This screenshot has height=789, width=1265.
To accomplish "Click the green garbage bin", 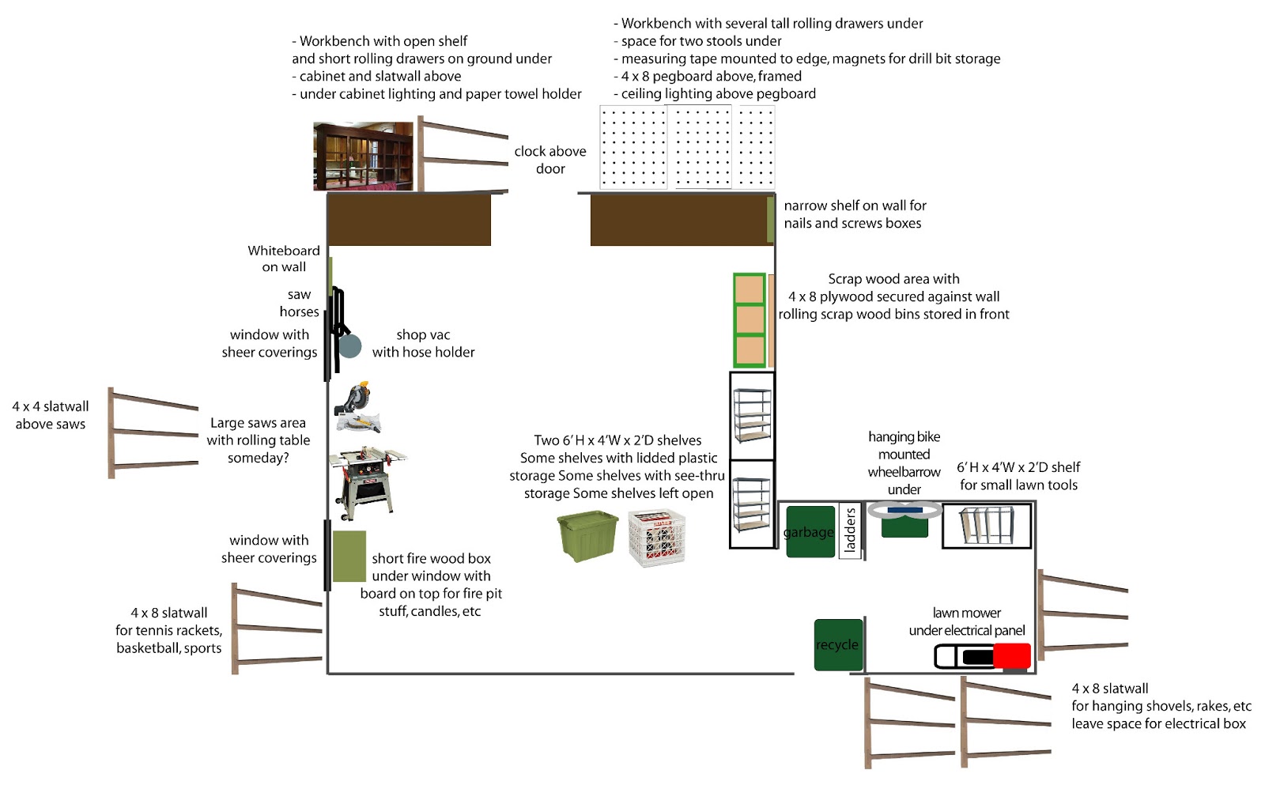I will (810, 532).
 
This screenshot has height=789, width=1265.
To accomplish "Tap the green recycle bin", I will (838, 645).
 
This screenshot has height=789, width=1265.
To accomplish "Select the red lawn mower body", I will (1011, 656).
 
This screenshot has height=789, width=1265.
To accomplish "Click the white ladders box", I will (850, 530).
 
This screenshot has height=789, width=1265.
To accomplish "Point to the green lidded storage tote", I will (587, 536).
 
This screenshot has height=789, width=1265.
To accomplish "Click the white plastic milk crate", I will (657, 538).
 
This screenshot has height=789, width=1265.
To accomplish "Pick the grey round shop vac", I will (349, 345).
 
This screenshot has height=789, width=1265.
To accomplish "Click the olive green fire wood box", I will (349, 556).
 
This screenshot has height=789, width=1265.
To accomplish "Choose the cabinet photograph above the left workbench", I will (363, 156).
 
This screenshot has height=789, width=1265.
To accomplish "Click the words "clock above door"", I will (550, 160).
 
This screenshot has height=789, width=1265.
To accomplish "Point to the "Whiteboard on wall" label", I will (284, 259).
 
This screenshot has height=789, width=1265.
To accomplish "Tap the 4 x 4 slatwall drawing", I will (153, 433).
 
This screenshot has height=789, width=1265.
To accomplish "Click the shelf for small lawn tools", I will (987, 526).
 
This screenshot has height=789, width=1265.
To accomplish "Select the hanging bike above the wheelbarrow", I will (904, 510).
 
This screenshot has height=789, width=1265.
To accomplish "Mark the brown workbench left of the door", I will (410, 220).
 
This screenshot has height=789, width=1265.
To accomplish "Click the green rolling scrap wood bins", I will (749, 320).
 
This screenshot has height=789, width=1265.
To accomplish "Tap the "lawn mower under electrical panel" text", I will (966, 621).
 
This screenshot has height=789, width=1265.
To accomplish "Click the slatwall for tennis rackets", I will (277, 629).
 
